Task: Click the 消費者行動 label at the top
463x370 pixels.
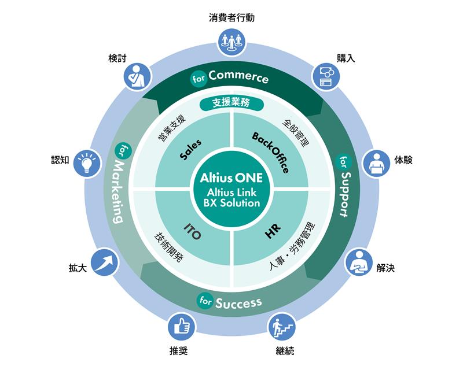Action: click(x=231, y=17)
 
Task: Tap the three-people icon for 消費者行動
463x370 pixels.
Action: click(x=231, y=41)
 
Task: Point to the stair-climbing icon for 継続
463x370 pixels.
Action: click(x=282, y=327)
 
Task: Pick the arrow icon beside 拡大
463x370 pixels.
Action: click(x=105, y=261)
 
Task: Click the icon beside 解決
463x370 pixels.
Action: click(x=359, y=261)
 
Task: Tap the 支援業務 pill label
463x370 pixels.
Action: click(x=231, y=103)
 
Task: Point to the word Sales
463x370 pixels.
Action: click(x=190, y=149)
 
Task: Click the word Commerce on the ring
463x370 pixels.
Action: click(x=238, y=76)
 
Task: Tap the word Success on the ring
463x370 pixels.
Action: click(x=238, y=302)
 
